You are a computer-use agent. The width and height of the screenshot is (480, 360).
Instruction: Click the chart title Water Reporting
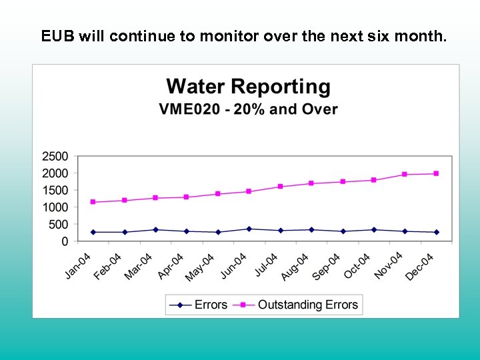(248, 87)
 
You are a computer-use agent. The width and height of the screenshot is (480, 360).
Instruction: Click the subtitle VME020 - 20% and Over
(248, 109)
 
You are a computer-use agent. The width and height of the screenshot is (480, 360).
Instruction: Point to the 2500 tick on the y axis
(55, 157)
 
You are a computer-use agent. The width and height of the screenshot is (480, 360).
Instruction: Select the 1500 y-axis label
(55, 191)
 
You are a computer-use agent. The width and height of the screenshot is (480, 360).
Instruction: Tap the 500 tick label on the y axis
(58, 225)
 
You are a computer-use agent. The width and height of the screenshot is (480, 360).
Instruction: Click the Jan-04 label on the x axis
(78, 266)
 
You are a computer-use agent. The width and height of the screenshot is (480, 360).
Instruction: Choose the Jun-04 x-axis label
(233, 266)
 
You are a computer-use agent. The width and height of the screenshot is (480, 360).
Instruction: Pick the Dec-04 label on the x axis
(420, 266)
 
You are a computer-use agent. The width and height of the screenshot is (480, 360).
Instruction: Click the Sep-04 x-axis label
(327, 266)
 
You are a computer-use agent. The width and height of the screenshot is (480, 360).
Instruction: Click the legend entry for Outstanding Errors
(307, 305)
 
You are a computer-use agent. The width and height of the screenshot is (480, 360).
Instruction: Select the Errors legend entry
(211, 305)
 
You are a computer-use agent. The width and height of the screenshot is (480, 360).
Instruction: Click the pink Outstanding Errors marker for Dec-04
(436, 173)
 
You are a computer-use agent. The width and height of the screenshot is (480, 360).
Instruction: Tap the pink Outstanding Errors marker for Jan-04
(93, 202)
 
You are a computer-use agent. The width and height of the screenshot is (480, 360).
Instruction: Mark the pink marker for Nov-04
(405, 174)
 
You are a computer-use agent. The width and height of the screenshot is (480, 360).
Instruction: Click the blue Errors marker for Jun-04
(249, 229)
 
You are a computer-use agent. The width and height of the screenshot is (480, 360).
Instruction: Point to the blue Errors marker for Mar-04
(155, 229)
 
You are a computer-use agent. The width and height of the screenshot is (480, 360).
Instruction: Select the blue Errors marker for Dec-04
(436, 232)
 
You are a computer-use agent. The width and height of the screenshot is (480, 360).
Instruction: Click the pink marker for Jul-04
(280, 187)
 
